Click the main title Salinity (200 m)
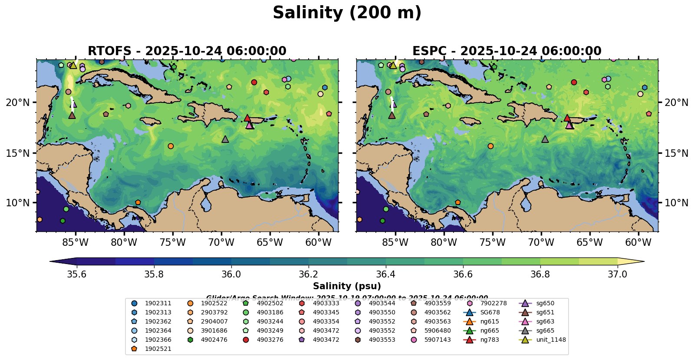[347, 13]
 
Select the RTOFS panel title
[187, 51]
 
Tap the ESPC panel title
[507, 51]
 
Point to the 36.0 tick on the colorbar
[231, 274]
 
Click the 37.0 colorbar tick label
[617, 274]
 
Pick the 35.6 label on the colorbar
[77, 274]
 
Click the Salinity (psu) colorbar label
[347, 286]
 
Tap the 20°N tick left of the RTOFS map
[18, 102]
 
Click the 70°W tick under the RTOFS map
[221, 242]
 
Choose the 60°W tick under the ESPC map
[638, 242]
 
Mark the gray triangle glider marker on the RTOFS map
[225, 139]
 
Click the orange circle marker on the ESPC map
[490, 146]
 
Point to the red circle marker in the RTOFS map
[254, 82]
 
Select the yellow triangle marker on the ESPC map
[393, 66]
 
